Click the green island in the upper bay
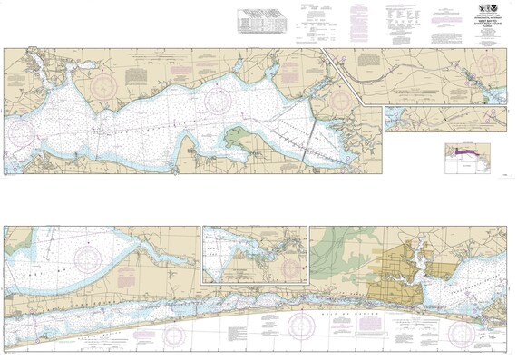(240, 137)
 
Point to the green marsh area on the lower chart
(336, 249)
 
